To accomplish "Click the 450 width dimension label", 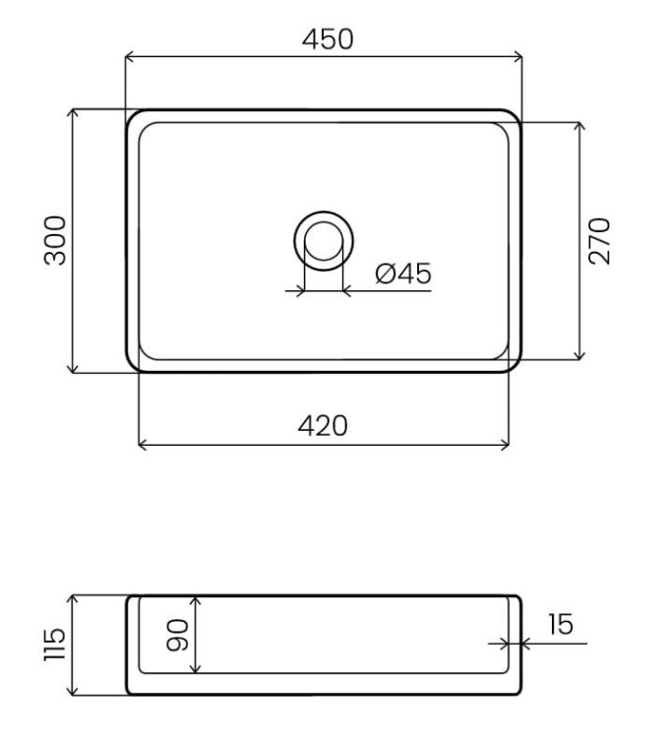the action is [328, 39].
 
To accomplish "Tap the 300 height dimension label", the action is [55, 240].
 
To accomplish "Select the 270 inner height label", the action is [599, 241].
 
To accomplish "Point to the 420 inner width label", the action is [323, 425].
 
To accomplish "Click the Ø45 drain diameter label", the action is [403, 274].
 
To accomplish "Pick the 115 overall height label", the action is [54, 645].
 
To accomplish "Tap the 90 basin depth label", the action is [178, 635].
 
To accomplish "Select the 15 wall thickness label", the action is [561, 624].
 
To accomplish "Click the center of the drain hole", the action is [324, 240].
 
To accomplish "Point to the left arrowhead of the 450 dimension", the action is [128, 57].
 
